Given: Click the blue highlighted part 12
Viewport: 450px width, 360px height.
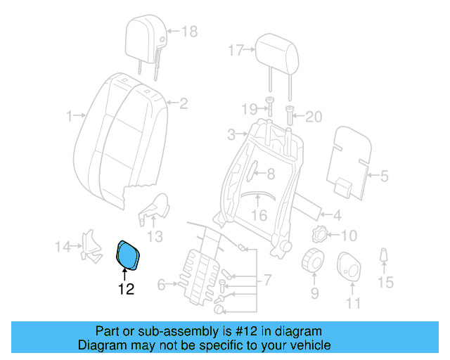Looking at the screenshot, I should [x=128, y=254].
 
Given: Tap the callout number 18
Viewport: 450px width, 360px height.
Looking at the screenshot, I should [x=190, y=32].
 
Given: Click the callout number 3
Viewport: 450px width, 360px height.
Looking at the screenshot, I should [x=231, y=134].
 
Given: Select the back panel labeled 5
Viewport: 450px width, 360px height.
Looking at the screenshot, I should [x=351, y=158].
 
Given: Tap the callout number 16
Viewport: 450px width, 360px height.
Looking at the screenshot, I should [x=259, y=215].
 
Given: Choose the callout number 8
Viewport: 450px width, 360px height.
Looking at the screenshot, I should [x=270, y=172].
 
